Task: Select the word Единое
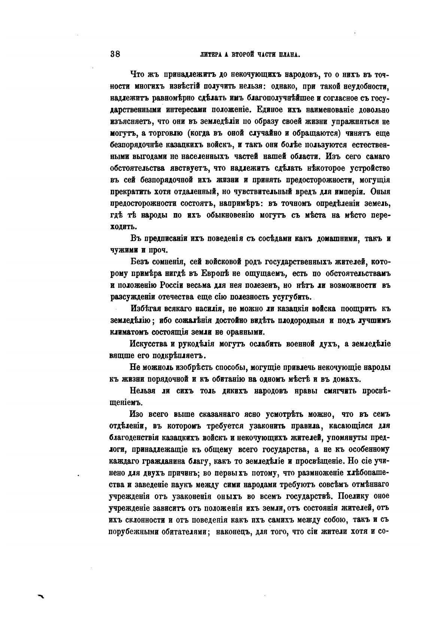pyautogui.click(x=259, y=110)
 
